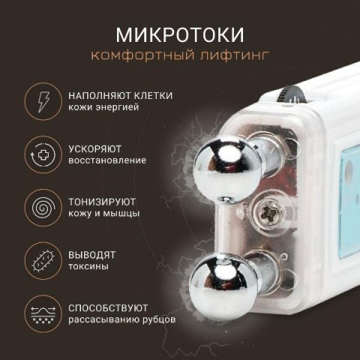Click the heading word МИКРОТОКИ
(180, 34)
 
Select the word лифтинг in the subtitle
(235, 55)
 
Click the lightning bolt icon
(43, 101)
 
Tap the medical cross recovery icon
(43, 154)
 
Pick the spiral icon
(43, 208)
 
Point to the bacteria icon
(43, 261)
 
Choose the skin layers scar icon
(43, 314)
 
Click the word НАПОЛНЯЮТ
(99, 96)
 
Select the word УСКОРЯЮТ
(94, 149)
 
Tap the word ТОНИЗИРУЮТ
(102, 202)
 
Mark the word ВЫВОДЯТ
(91, 255)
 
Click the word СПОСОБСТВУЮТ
(108, 308)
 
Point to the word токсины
(88, 266)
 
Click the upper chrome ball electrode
(227, 168)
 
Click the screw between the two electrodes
(268, 214)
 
